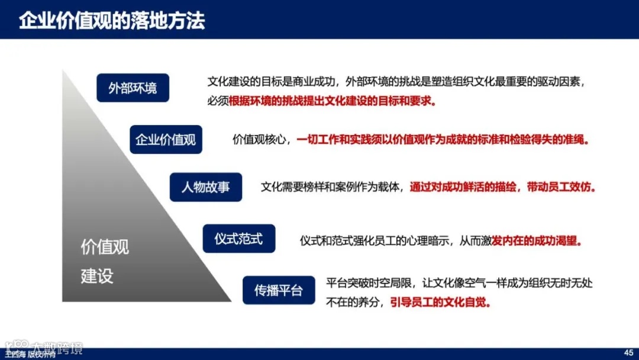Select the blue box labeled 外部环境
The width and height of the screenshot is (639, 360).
coord(133,88)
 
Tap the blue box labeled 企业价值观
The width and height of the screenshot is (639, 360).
coord(166,140)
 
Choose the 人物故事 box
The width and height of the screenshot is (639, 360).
coord(205,187)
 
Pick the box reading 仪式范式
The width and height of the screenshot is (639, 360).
coord(238,239)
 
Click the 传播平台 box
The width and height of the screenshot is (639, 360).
coord(279,290)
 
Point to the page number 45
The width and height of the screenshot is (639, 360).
coord(629,351)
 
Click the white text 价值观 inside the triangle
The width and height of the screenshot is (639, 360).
coord(105,247)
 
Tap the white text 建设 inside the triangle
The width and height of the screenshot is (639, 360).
coord(97,276)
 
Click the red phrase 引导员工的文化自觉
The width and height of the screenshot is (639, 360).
coord(440,302)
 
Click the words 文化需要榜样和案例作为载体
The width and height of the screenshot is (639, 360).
coord(332,187)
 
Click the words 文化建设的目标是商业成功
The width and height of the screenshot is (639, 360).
coord(272,82)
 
